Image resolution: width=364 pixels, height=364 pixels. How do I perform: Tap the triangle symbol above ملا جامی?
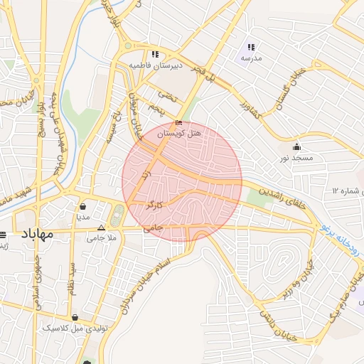coord(101,228)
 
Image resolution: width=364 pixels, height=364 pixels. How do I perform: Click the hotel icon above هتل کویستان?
coord(178,123)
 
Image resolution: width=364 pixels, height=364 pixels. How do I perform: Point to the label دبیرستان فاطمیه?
coord(155,65)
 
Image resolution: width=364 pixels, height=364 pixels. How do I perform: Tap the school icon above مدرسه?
coord(251,47)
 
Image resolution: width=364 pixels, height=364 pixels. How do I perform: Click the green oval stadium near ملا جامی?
coord(117,214)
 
